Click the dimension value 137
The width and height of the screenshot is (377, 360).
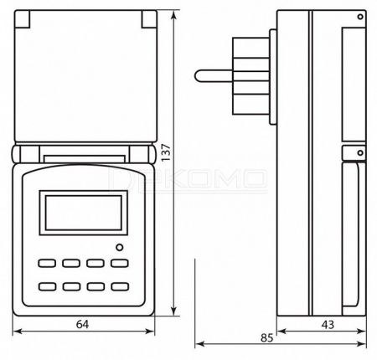pos(166,152)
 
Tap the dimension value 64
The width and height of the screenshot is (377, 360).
pos(83,324)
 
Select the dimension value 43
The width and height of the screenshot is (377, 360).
pos(328,325)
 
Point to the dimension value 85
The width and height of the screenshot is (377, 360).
pos(266,338)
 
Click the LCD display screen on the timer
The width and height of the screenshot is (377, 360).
pos(84,213)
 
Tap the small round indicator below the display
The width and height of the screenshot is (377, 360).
pos(120,247)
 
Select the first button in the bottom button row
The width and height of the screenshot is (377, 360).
pos(47,286)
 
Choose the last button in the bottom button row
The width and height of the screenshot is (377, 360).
pos(120,286)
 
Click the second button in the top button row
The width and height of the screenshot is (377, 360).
pos(71,263)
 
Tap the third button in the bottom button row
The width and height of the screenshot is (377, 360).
pos(96,286)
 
